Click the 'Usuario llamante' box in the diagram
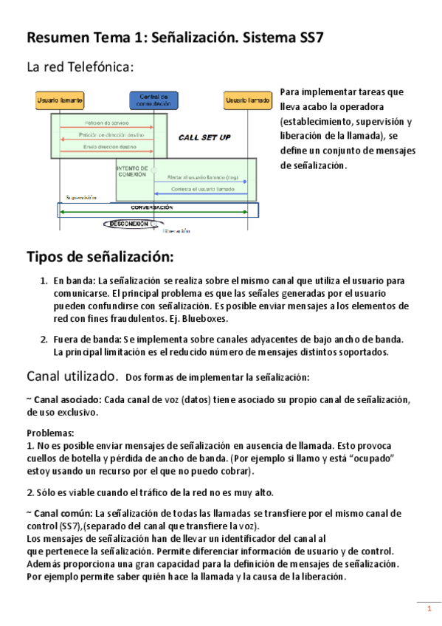(x=60, y=99)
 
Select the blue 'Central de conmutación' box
(x=153, y=100)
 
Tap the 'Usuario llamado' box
(x=247, y=99)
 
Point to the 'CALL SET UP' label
(x=204, y=137)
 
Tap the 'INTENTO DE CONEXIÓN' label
(x=133, y=173)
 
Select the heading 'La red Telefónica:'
(x=80, y=68)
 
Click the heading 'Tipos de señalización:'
(x=100, y=257)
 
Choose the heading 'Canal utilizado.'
(x=72, y=376)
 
